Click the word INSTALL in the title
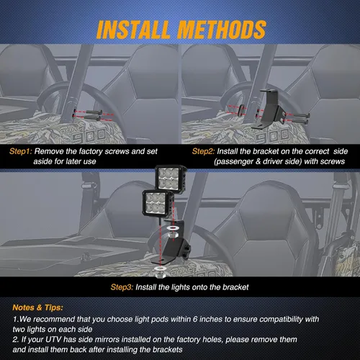tap(133, 30)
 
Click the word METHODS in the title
tap(222, 30)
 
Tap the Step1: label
tap(20, 151)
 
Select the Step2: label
tap(203, 151)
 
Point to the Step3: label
tap(122, 287)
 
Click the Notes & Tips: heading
tap(37, 307)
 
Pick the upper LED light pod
tap(171, 179)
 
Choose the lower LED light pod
tap(158, 204)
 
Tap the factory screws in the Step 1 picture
tap(94, 115)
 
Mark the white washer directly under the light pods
tap(172, 228)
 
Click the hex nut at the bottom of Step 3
tap(161, 274)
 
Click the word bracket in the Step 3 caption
tap(235, 287)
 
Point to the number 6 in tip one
tap(195, 319)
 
